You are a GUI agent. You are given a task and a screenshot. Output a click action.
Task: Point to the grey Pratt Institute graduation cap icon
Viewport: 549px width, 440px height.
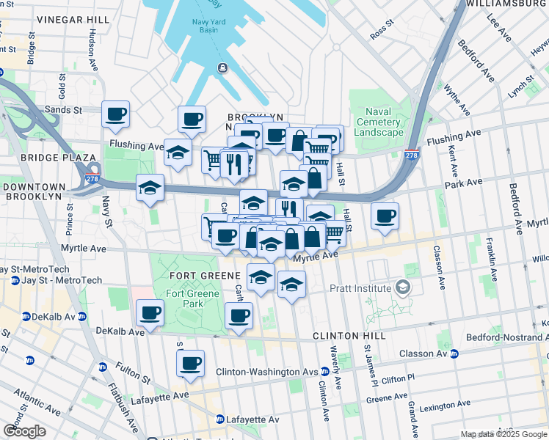[402, 287]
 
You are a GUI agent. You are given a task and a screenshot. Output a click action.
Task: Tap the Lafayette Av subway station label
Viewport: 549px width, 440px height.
[252, 419]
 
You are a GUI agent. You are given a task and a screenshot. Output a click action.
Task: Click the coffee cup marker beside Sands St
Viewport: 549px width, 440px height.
[115, 114]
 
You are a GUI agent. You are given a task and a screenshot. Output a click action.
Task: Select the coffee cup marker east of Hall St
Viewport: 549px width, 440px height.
[385, 216]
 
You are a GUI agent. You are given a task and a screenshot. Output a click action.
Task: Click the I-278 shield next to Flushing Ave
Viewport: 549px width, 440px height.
[412, 155]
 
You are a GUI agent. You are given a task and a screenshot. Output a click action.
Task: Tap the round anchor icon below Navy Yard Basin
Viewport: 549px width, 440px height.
[222, 68]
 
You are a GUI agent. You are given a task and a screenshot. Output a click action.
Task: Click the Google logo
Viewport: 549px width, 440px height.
[24, 430]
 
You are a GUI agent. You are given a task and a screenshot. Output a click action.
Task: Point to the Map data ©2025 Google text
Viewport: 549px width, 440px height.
[503, 434]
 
